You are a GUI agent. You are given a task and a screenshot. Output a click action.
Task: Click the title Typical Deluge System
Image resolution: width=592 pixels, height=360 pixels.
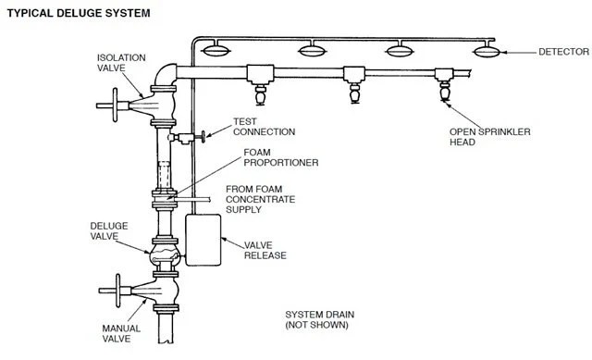click(79, 13)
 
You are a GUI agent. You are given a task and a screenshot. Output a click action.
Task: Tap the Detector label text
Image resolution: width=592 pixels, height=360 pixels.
click(563, 52)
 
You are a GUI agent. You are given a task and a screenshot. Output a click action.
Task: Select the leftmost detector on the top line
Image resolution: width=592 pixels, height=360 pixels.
click(216, 50)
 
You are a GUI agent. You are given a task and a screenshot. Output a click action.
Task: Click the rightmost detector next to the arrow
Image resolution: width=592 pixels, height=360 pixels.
click(487, 51)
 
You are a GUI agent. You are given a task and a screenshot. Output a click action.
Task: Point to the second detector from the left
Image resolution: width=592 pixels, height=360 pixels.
click(313, 50)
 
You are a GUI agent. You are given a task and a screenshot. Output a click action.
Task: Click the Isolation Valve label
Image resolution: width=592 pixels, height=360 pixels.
click(121, 63)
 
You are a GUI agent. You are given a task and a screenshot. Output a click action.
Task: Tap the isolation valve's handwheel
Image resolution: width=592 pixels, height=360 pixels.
click(115, 105)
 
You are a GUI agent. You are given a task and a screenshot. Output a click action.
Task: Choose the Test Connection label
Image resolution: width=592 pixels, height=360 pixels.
click(264, 127)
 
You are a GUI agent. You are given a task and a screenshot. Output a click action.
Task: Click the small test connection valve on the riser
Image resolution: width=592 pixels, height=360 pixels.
click(187, 138)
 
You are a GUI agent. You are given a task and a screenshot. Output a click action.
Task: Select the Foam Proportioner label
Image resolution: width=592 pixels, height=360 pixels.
click(281, 157)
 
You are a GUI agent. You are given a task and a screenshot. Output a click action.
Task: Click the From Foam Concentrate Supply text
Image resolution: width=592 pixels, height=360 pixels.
click(260, 199)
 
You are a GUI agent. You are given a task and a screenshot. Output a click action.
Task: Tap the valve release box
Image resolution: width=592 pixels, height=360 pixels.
click(203, 240)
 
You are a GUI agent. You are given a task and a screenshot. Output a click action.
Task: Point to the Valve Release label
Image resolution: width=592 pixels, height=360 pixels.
click(265, 250)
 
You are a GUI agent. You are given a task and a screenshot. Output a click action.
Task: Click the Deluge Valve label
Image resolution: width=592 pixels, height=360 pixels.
click(109, 230)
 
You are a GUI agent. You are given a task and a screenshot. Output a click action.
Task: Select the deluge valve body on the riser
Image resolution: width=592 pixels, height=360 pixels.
click(165, 254)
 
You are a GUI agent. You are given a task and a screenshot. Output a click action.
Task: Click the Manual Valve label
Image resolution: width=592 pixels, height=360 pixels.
click(121, 333)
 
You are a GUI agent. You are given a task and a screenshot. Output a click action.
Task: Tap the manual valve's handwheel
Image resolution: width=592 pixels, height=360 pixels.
click(117, 291)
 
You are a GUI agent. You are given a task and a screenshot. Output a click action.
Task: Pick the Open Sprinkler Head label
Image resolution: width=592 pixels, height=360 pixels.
click(489, 137)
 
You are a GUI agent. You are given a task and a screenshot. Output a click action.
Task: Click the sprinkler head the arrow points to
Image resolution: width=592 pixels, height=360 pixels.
click(445, 91)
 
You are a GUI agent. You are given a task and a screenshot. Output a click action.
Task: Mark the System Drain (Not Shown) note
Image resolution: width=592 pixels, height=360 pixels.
click(319, 319)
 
